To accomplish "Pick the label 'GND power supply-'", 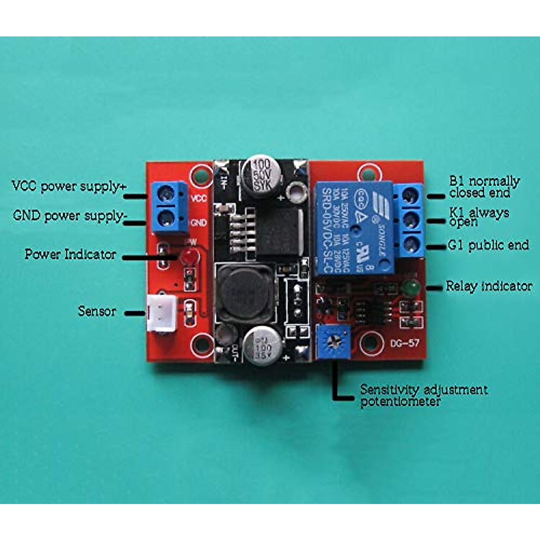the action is click(x=70, y=216).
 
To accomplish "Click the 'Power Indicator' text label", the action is click(x=70, y=254).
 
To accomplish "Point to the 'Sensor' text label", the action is click(x=97, y=311).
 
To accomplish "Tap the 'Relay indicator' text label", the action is click(x=489, y=286).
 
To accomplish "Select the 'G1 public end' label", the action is click(x=488, y=245).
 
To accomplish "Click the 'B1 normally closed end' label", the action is click(x=484, y=187).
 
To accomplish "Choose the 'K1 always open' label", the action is click(x=479, y=216).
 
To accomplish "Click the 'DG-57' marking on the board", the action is click(x=405, y=343).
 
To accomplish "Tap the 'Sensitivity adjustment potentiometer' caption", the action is click(x=423, y=395).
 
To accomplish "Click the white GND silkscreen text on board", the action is click(x=198, y=223).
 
